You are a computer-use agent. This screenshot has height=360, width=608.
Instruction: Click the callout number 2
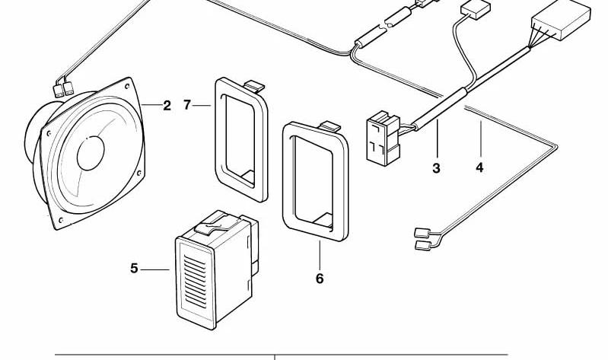tap(167, 105)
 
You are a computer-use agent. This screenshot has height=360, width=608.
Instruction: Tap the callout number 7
tap(188, 105)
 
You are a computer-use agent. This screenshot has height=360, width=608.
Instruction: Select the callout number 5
tap(135, 268)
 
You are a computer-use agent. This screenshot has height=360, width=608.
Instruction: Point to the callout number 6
tap(320, 279)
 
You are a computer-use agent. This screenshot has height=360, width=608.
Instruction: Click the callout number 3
tap(436, 168)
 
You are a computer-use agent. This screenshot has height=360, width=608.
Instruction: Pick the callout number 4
tap(479, 167)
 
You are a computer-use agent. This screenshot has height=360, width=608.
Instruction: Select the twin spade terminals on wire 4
tap(423, 237)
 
